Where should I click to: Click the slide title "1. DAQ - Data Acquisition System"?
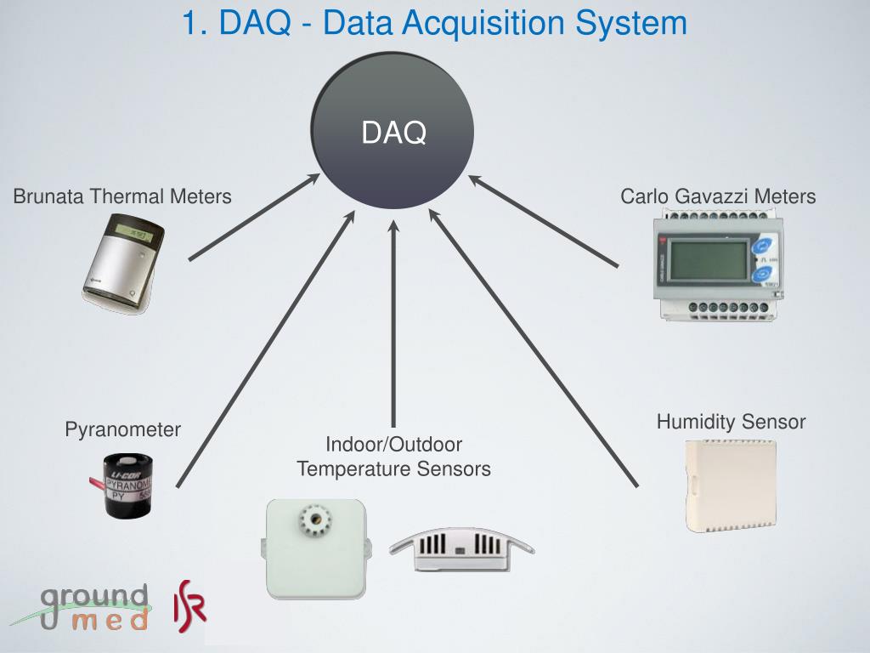pyautogui.click(x=434, y=22)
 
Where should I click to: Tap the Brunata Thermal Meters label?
pyautogui.click(x=122, y=196)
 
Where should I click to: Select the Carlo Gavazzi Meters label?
pyautogui.click(x=718, y=196)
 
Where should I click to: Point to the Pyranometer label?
pyautogui.click(x=123, y=429)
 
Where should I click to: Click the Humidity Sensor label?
pyautogui.click(x=731, y=422)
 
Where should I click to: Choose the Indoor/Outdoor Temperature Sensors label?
pyautogui.click(x=393, y=457)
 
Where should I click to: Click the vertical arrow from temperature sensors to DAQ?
pyautogui.click(x=393, y=323)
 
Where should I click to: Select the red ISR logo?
pyautogui.click(x=190, y=603)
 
